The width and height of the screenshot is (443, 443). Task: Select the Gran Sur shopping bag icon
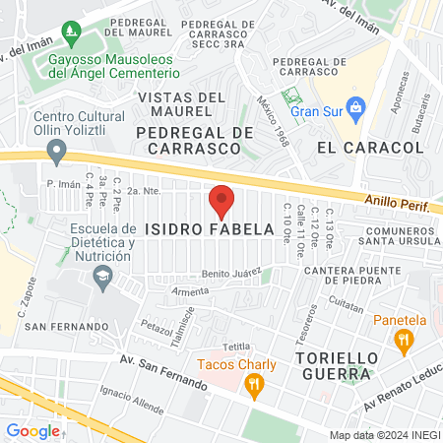click(x=357, y=110)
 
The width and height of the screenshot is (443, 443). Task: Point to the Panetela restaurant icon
click(x=402, y=343)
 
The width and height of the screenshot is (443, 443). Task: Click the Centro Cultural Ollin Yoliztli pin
click(x=57, y=152)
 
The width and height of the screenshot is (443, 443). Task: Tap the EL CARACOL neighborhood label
click(x=370, y=147)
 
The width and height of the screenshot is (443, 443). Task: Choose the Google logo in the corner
click(x=32, y=430)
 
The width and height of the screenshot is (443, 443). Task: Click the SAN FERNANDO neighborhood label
click(x=65, y=326)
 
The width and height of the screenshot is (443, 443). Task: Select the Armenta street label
click(x=190, y=291)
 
